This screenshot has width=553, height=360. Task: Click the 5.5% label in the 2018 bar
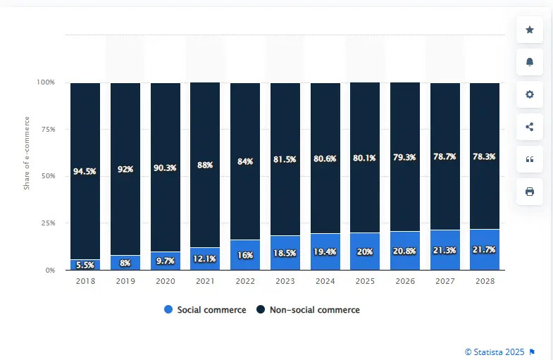85,265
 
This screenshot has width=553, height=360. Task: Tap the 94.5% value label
85,171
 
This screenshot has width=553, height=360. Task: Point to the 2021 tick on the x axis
205,280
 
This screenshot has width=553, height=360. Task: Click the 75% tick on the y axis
46,130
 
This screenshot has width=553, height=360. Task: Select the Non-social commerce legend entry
308,310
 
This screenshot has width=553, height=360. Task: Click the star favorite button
530,30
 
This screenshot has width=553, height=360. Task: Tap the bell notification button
530,62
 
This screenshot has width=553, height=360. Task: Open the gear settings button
530,94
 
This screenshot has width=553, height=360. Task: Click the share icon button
530,127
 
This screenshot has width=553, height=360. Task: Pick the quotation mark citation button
530,159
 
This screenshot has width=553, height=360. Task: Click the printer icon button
530,192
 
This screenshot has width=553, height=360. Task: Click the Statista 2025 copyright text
495,352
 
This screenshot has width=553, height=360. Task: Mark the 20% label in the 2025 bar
365,252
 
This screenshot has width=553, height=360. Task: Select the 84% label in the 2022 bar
245,161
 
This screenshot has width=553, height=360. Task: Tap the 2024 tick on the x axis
325,280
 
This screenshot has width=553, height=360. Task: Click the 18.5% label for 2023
285,252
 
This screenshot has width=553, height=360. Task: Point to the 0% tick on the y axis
49,270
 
